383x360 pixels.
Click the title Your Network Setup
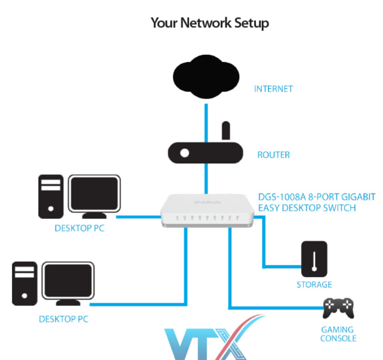(x=209, y=24)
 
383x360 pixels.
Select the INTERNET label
(x=273, y=89)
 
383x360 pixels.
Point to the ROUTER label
(x=273, y=155)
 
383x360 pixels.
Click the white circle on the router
(x=184, y=153)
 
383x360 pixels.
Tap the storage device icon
(x=314, y=259)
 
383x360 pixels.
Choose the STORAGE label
(x=314, y=285)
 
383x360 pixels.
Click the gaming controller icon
(x=338, y=308)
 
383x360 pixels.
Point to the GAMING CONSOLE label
(x=338, y=333)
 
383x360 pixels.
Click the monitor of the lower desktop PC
(x=68, y=283)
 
